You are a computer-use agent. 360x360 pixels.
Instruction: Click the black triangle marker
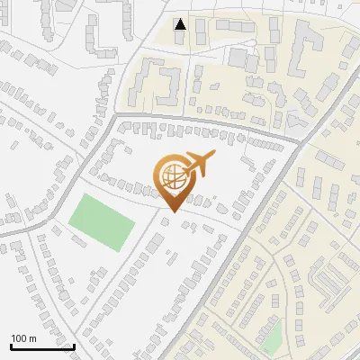(181, 24)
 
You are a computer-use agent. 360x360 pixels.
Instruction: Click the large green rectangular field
(101, 221)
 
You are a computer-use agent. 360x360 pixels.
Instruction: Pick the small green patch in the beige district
(272, 337)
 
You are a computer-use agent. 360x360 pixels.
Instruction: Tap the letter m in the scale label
(32, 338)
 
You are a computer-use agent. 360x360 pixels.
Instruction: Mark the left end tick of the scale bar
(11, 345)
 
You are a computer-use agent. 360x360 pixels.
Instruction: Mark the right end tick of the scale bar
(74, 345)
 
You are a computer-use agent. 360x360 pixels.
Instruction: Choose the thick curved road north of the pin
(207, 122)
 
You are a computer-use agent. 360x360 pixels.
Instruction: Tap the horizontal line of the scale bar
(42, 346)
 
